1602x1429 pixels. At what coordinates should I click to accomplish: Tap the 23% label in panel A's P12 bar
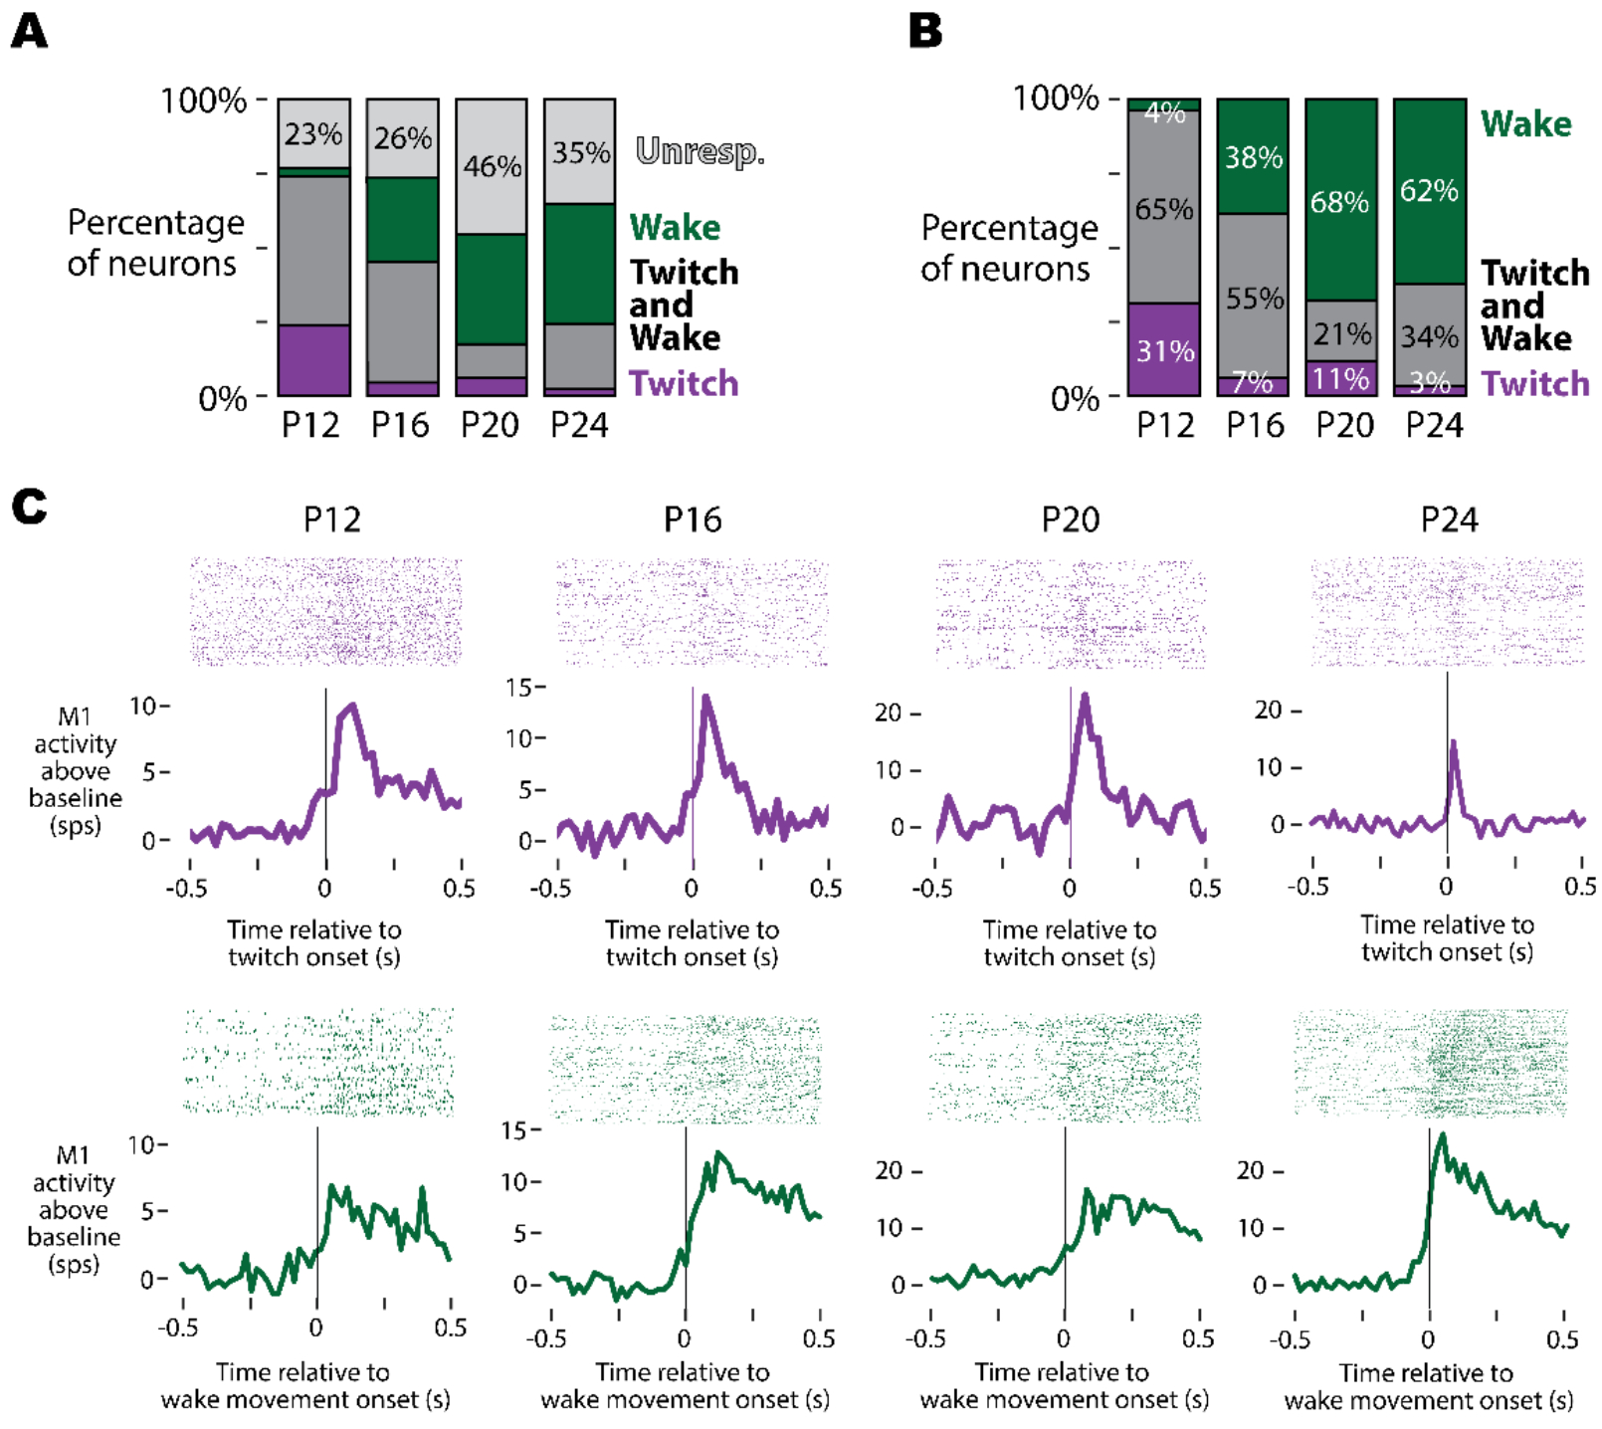(313, 134)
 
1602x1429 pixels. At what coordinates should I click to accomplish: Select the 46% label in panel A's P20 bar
(493, 166)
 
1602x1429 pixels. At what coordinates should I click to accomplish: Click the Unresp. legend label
(700, 151)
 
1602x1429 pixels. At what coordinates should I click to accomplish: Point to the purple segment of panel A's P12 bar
(313, 360)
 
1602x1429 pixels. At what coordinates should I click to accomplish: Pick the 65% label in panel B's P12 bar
(1164, 210)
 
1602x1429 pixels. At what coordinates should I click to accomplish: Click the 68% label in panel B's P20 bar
(1339, 203)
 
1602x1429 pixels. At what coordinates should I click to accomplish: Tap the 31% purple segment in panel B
(1164, 350)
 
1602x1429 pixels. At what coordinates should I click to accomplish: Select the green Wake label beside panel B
(1525, 124)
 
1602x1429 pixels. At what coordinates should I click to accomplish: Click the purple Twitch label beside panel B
(1534, 384)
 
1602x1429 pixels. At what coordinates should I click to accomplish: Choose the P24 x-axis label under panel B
(1434, 426)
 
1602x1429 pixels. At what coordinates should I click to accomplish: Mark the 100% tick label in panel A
(204, 101)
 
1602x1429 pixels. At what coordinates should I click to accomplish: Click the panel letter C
(29, 507)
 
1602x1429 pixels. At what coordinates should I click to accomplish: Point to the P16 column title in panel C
(693, 519)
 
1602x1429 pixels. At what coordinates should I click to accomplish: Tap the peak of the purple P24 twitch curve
(1454, 741)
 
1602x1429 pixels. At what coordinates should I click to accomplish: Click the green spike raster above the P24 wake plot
(1430, 1063)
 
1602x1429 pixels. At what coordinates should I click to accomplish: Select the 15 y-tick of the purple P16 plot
(520, 688)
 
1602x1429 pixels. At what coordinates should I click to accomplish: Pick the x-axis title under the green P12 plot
(304, 1385)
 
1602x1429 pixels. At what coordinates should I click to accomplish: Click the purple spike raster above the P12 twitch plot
(326, 612)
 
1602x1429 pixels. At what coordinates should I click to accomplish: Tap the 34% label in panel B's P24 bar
(1429, 337)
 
